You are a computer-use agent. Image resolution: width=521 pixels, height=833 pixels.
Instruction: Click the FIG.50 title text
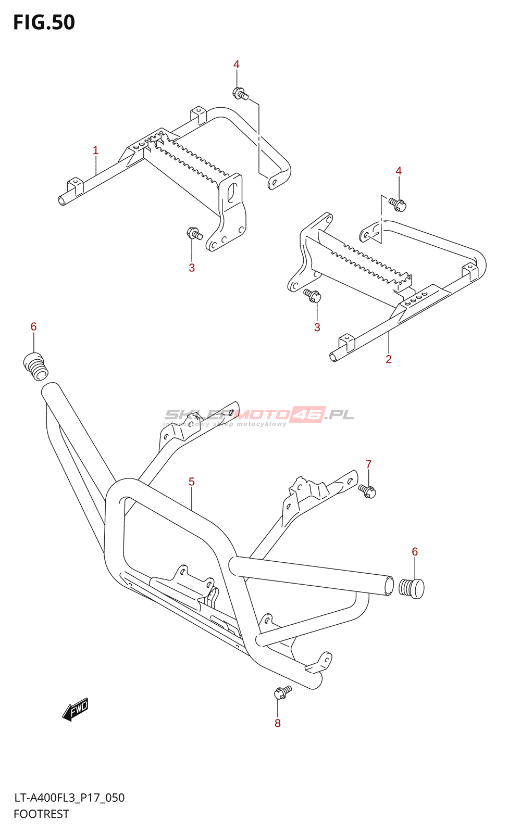[x=44, y=23]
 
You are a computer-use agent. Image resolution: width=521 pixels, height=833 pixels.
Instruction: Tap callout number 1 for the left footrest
[x=95, y=150]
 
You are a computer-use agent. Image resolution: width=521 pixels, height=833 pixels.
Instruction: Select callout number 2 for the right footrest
[x=389, y=359]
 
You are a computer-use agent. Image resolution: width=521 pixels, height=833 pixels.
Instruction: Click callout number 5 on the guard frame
[x=192, y=482]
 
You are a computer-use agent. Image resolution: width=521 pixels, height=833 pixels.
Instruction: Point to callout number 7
[x=368, y=464]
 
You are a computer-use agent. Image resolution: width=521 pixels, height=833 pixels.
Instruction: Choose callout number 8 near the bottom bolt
[x=278, y=723]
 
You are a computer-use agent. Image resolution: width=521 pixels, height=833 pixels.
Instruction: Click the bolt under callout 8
[x=282, y=692]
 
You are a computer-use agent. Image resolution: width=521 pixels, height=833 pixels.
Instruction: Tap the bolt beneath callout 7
[x=367, y=491]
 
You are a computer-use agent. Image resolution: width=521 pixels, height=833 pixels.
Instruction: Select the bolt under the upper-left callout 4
[x=240, y=94]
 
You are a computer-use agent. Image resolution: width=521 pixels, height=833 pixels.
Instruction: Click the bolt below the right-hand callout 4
[x=398, y=204]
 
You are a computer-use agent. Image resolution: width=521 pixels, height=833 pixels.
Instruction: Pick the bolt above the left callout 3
[x=194, y=234]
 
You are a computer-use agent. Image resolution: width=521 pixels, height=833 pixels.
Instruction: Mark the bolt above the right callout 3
[x=313, y=296]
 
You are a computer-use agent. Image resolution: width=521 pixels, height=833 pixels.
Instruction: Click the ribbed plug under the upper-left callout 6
[x=35, y=367]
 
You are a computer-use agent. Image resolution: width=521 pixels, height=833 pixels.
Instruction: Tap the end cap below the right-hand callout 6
[x=412, y=588]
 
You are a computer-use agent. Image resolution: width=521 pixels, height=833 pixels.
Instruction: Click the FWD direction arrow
[x=76, y=710]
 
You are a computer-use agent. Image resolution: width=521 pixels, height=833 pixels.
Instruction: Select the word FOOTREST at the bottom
[x=41, y=814]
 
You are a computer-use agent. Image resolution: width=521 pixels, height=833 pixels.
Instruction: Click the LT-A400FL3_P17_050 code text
[x=69, y=798]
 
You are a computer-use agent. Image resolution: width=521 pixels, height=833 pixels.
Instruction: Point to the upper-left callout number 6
[x=33, y=326]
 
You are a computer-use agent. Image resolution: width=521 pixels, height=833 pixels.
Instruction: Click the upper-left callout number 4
[x=237, y=65]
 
